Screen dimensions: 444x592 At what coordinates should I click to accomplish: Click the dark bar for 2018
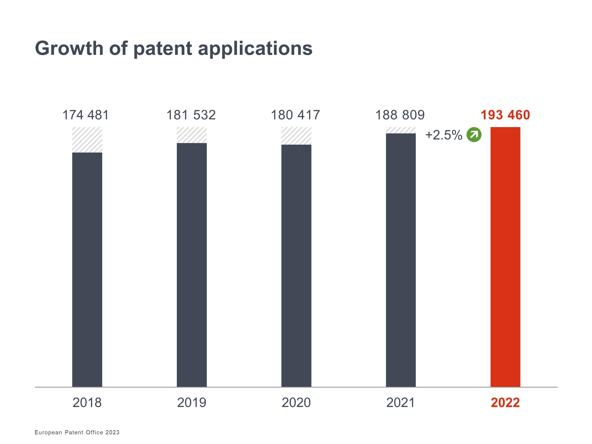87,270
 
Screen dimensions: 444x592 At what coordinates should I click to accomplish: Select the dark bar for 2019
192,265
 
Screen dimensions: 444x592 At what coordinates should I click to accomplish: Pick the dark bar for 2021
401,260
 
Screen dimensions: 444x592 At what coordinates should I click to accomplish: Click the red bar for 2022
505,257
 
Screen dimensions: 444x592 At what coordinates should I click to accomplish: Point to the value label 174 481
86,115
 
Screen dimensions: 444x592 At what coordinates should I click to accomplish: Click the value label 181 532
191,115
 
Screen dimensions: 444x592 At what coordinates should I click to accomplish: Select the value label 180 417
295,115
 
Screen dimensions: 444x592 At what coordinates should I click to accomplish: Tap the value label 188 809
400,115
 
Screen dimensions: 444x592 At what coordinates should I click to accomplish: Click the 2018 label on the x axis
87,403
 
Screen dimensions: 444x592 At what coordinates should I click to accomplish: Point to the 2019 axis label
192,403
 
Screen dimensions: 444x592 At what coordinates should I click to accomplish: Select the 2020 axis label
296,403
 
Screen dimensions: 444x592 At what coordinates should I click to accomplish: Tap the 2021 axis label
401,403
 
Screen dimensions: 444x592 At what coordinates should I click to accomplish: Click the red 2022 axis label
505,403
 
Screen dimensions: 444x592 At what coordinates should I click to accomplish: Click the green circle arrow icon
474,134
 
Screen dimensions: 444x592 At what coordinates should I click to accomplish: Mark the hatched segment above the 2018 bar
87,140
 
